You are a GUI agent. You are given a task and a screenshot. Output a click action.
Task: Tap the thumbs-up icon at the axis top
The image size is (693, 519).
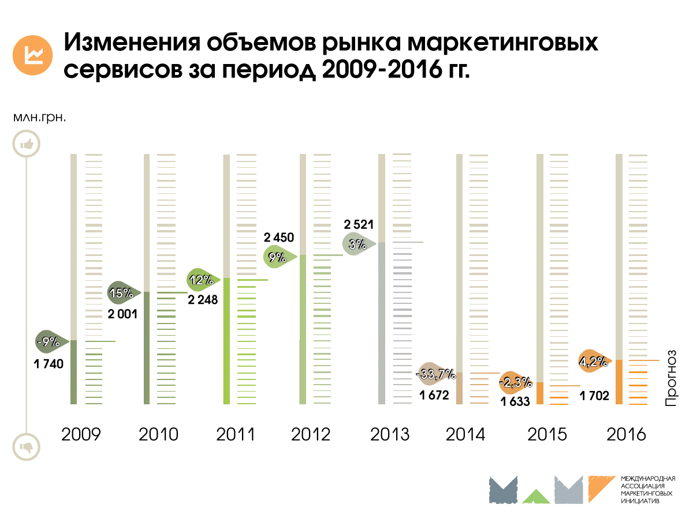click(27, 144)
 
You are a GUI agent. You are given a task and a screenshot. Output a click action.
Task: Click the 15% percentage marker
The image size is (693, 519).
click(122, 293)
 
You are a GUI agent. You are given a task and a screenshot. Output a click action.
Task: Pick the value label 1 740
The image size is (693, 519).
click(48, 364)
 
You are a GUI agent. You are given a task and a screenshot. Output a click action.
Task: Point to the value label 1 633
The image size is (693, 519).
click(515, 402)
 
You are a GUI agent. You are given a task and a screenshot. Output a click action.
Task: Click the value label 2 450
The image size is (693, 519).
click(279, 237)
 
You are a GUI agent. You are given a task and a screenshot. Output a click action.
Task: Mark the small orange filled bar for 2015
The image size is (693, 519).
click(540, 393)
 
